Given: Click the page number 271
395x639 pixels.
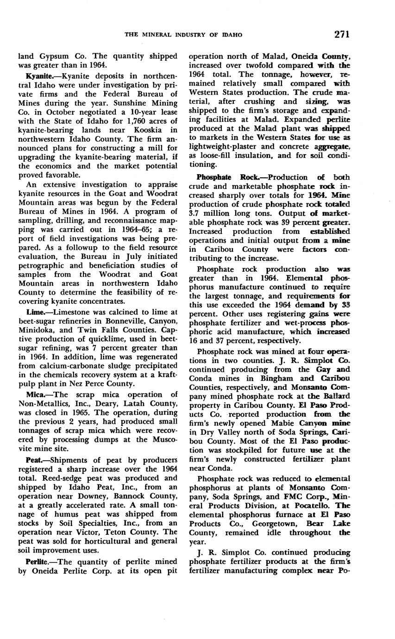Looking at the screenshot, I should coord(340,34).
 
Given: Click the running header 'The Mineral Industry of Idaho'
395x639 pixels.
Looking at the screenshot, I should coord(183,35).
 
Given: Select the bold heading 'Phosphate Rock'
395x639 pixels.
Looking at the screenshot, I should coord(226,177).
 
